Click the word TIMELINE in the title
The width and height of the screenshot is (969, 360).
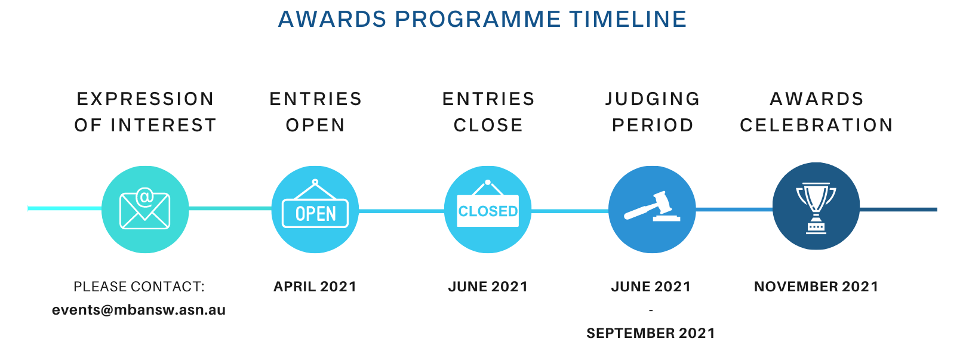coord(627,20)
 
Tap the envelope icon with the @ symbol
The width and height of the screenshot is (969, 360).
coord(145,209)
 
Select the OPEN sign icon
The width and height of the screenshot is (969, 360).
coord(315,204)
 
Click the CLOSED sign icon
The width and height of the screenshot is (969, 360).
coord(488,204)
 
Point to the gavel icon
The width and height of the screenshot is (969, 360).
coord(651,207)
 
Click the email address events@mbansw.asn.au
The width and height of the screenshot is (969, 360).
coord(139,310)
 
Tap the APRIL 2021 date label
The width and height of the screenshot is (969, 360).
coord(315,287)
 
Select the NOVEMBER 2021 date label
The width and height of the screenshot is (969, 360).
coord(816,287)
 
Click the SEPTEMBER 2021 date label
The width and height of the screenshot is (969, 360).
coord(651,333)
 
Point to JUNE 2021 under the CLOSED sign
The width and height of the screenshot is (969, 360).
coord(488,287)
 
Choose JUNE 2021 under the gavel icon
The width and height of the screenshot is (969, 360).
coord(651,287)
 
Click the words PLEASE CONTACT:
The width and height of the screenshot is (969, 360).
coord(139,287)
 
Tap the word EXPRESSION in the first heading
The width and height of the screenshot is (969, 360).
coord(145,99)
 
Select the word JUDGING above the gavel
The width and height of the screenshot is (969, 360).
coord(653,99)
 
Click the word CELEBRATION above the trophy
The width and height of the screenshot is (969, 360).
coord(817,125)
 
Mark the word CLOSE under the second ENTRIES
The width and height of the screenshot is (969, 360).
coord(488,125)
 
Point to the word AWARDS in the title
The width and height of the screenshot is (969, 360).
coord(332,20)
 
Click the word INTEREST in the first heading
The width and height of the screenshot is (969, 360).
coord(164,125)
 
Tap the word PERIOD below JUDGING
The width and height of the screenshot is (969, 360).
coord(653,125)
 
